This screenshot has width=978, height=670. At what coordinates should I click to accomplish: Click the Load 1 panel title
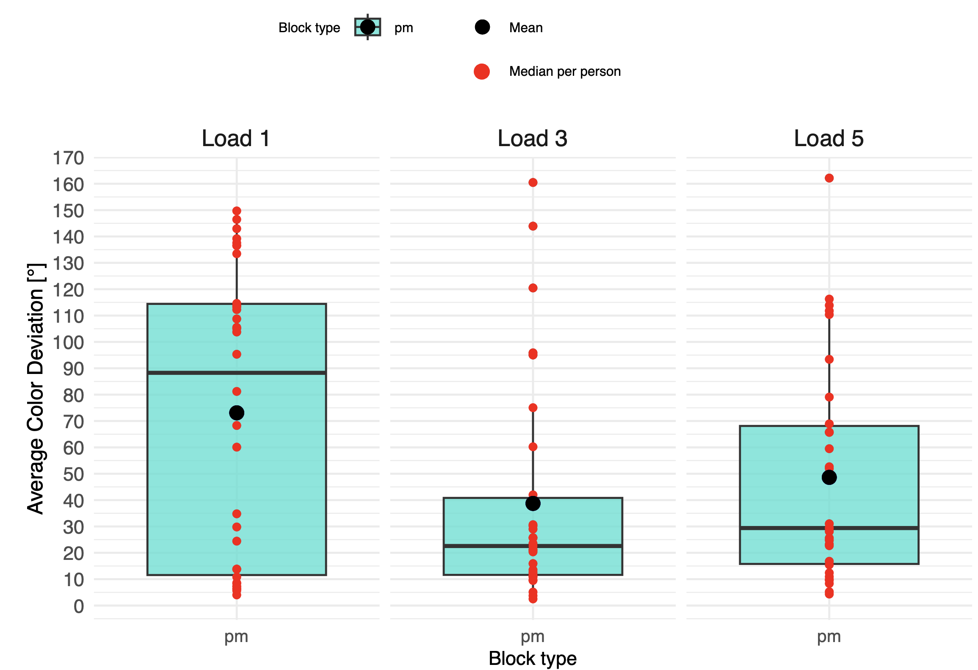(236, 138)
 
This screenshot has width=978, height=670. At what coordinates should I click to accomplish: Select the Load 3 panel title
(532, 138)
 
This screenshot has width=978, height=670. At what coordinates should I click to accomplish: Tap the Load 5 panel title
(829, 138)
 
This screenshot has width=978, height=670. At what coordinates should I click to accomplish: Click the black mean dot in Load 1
(237, 413)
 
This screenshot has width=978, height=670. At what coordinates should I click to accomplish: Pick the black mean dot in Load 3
(533, 504)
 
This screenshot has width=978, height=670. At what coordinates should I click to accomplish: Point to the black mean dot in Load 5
(829, 477)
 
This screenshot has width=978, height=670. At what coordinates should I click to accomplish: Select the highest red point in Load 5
(829, 178)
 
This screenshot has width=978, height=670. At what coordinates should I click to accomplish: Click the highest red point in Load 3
(533, 183)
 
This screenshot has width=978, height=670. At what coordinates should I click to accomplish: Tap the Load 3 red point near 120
(533, 288)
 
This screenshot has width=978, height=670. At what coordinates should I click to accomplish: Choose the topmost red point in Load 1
(237, 211)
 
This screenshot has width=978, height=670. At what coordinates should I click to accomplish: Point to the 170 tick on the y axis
(68, 158)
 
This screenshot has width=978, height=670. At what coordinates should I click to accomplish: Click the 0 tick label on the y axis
(79, 606)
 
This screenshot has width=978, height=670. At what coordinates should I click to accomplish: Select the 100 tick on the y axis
(68, 343)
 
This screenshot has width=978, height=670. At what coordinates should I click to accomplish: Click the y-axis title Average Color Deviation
(36, 388)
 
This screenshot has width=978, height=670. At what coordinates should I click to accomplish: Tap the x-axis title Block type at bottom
(532, 659)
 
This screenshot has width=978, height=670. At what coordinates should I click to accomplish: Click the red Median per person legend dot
(482, 72)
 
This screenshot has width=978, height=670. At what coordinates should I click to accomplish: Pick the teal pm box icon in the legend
(367, 28)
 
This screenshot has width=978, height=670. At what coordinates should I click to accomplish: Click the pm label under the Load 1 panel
(236, 637)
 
